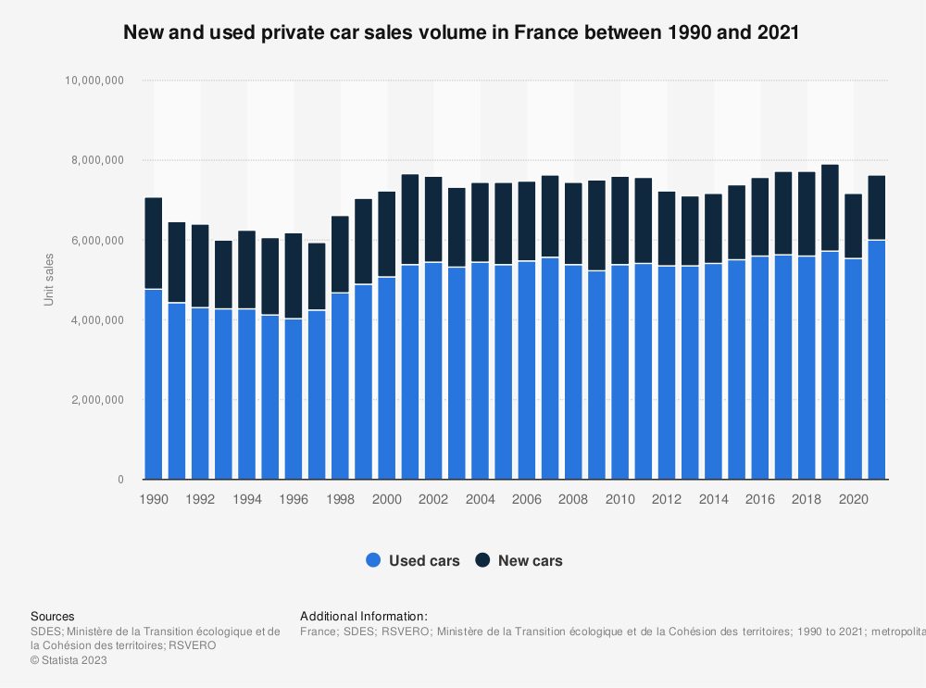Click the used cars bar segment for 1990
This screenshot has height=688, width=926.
[x=154, y=384]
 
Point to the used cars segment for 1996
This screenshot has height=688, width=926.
[x=294, y=399]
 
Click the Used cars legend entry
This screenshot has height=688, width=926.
[x=413, y=560]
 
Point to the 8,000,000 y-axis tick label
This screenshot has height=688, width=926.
[x=94, y=160]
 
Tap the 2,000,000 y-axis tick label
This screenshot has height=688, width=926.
[x=94, y=400]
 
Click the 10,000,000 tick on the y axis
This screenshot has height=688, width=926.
[x=91, y=81]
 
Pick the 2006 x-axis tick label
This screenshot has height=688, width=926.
[x=527, y=499]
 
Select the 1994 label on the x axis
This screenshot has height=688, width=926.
[x=247, y=499]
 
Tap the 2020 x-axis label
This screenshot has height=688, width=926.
[x=853, y=499]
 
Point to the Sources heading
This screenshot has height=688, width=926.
[x=53, y=616]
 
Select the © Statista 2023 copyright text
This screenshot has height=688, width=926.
[x=69, y=660]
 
